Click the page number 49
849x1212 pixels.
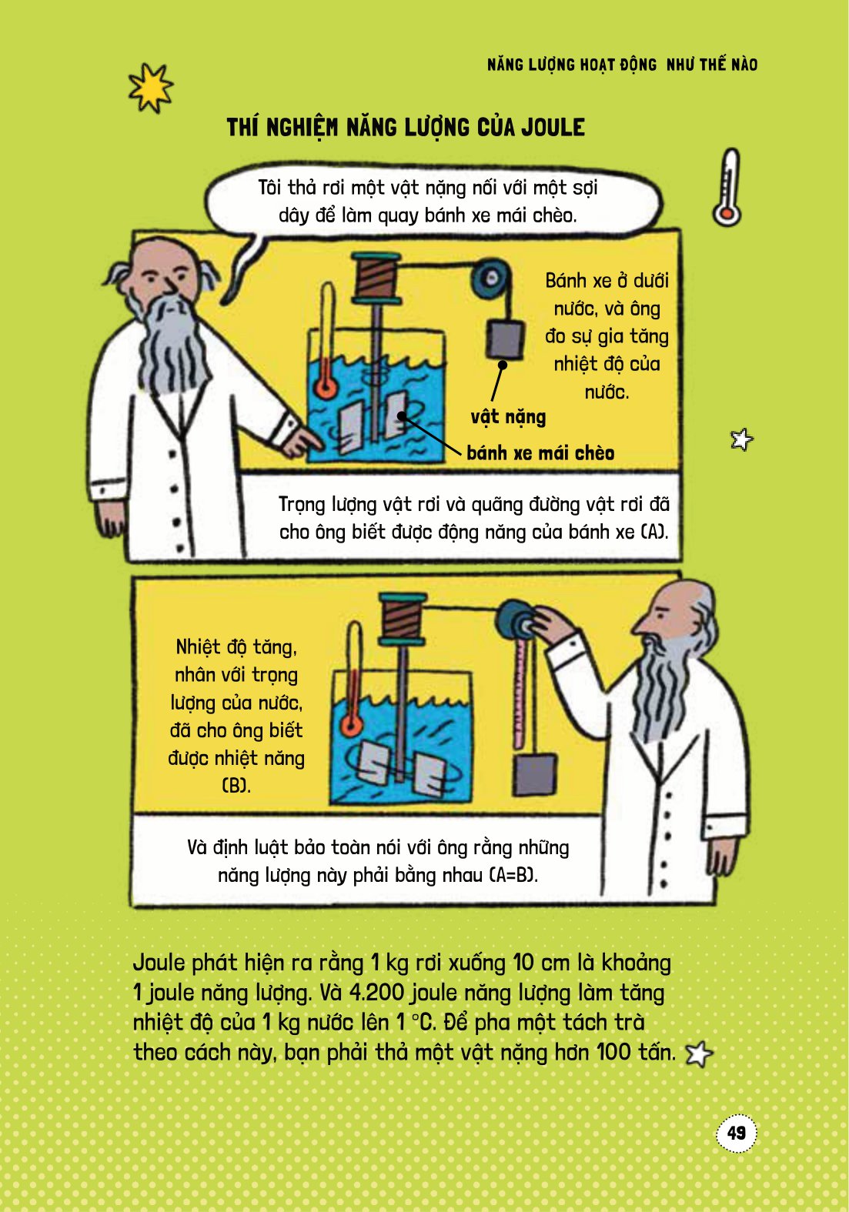[x=737, y=1133]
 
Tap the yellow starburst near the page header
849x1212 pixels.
[x=150, y=88]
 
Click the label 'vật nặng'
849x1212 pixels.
[x=508, y=417]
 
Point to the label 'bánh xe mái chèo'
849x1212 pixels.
[x=540, y=453]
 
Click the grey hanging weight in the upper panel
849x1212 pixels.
[x=505, y=339]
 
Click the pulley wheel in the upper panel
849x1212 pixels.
[x=491, y=279]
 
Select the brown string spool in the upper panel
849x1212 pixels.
[x=376, y=277]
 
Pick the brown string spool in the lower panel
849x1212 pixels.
[x=402, y=619]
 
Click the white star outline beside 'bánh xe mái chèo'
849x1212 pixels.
[x=741, y=439]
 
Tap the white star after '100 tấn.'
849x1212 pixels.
[x=699, y=1053]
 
